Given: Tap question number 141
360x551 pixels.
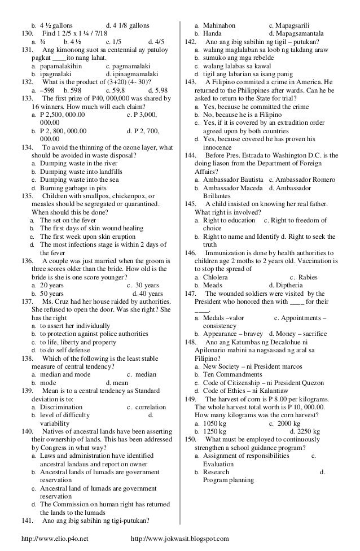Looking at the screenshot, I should [x=28, y=520].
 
